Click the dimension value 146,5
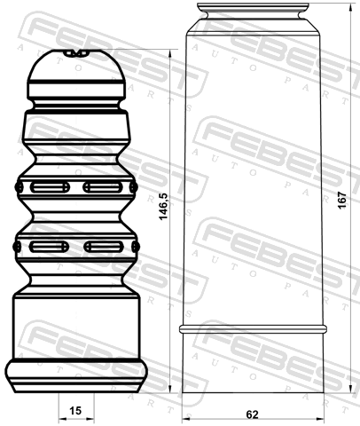[163, 206]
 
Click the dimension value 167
[342, 201]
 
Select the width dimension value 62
[252, 414]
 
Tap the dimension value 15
[75, 411]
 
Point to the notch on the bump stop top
[76, 53]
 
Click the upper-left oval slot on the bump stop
[50, 187]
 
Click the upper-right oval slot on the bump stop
[103, 187]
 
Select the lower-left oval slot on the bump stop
[49, 247]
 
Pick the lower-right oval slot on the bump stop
[104, 247]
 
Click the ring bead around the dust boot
[253, 329]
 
